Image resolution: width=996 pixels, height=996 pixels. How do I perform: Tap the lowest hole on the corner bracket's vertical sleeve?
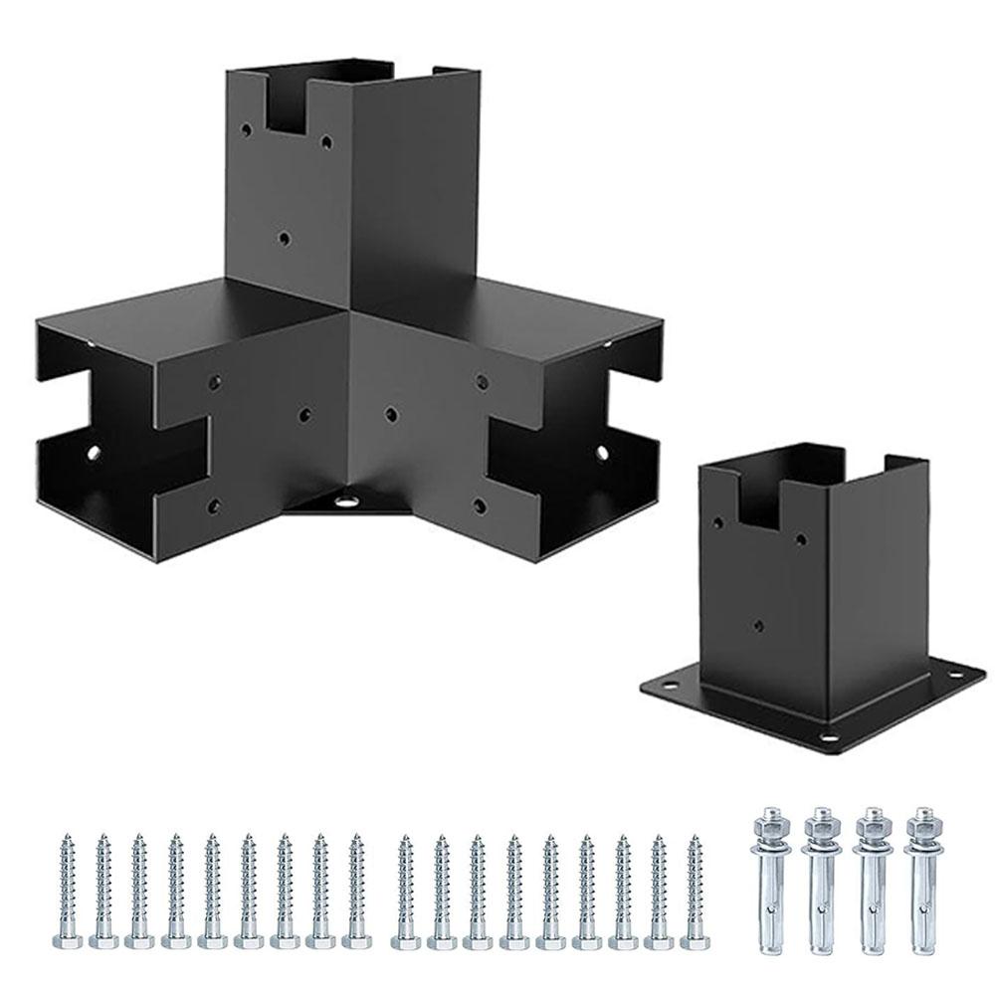[286, 238]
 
